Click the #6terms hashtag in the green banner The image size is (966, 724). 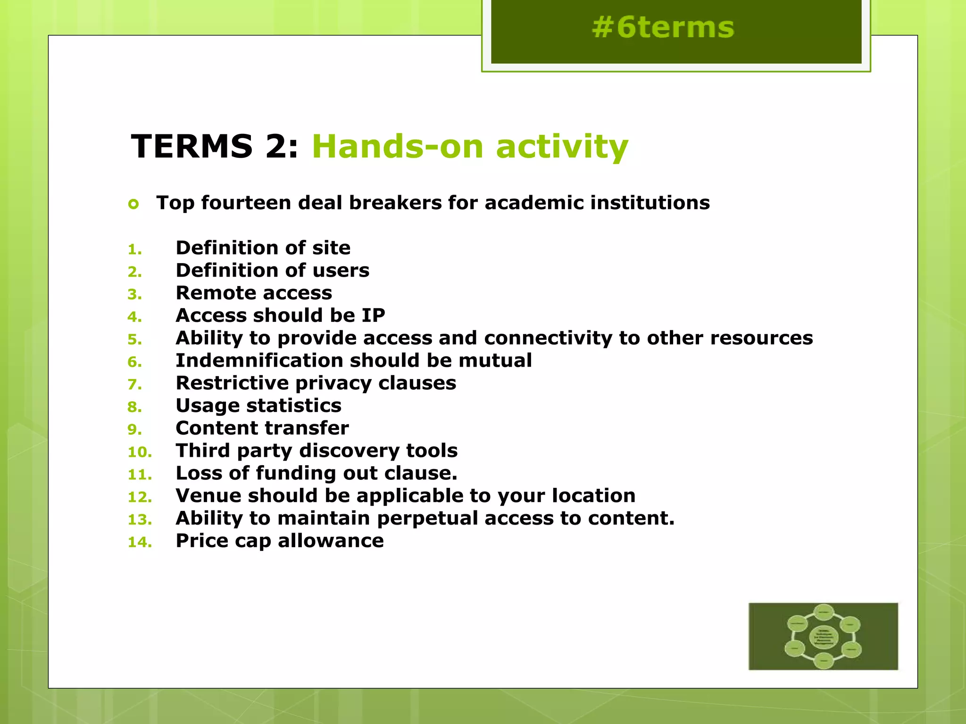click(663, 27)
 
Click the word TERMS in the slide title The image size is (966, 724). click(192, 146)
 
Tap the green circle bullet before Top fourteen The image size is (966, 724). click(133, 204)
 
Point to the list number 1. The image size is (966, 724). click(134, 249)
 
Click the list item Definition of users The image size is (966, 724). click(272, 271)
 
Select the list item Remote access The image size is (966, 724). click(254, 293)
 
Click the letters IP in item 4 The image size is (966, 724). click(373, 315)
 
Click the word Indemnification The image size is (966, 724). click(259, 361)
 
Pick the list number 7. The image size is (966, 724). click(134, 385)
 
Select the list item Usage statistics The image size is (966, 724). click(258, 406)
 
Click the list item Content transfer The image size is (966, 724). click(262, 428)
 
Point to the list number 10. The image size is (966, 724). click(140, 452)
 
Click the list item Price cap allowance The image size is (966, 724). click(280, 541)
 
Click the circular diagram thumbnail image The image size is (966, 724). click(823, 636)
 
